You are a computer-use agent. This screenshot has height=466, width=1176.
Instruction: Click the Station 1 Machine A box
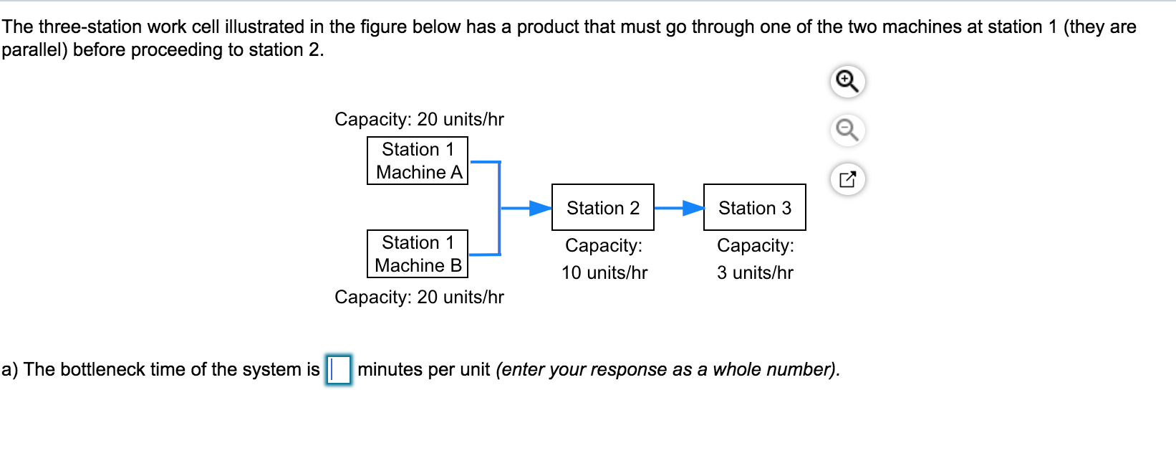point(418,161)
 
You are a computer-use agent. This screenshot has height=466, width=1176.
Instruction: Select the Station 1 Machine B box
point(418,254)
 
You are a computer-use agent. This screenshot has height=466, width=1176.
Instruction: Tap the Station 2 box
point(603,208)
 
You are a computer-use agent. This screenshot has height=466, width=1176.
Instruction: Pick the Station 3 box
point(755,208)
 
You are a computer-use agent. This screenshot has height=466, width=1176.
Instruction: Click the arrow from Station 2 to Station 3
point(678,208)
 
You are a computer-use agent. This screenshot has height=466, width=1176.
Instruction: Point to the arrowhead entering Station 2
point(541,208)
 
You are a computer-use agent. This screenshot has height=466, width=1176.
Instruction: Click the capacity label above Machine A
point(419,119)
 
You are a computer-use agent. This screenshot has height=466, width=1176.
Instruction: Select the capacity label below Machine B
point(419,297)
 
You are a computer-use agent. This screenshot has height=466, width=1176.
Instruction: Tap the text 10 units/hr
point(604,272)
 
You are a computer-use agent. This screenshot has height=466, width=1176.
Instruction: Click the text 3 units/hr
point(755,272)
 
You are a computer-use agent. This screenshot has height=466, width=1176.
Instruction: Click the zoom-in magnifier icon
point(847,81)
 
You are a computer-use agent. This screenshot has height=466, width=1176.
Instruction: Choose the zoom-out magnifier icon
point(847,130)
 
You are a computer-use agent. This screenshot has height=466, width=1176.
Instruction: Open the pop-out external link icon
point(847,179)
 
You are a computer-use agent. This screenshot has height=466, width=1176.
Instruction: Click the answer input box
point(339,370)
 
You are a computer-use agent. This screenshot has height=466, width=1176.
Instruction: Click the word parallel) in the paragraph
point(34,49)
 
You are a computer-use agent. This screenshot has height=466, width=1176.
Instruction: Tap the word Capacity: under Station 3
point(755,245)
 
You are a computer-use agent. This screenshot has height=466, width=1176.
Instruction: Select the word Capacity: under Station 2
point(603,245)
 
